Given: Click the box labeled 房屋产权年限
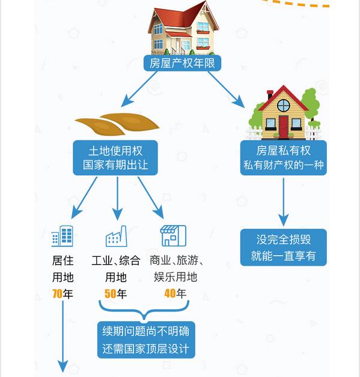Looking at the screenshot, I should pos(182,63).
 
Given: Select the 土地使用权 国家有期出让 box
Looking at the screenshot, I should pos(115,157).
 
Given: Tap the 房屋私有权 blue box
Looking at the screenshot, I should pos(283,158).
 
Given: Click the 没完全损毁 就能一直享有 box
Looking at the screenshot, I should pos(283,247).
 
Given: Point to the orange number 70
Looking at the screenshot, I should pos(58,294).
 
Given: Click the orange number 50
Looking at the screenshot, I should pos(110,294).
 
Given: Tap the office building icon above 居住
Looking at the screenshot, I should pos(62,236).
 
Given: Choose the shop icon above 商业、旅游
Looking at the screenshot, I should pos(173,236).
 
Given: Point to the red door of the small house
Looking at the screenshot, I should pos(283,125).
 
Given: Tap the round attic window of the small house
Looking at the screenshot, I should pos(283,106).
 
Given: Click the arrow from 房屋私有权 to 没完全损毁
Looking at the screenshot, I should pos(283,201).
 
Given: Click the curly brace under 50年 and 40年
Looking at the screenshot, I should pos(145,312).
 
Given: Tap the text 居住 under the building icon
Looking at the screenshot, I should pos(63,261).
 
